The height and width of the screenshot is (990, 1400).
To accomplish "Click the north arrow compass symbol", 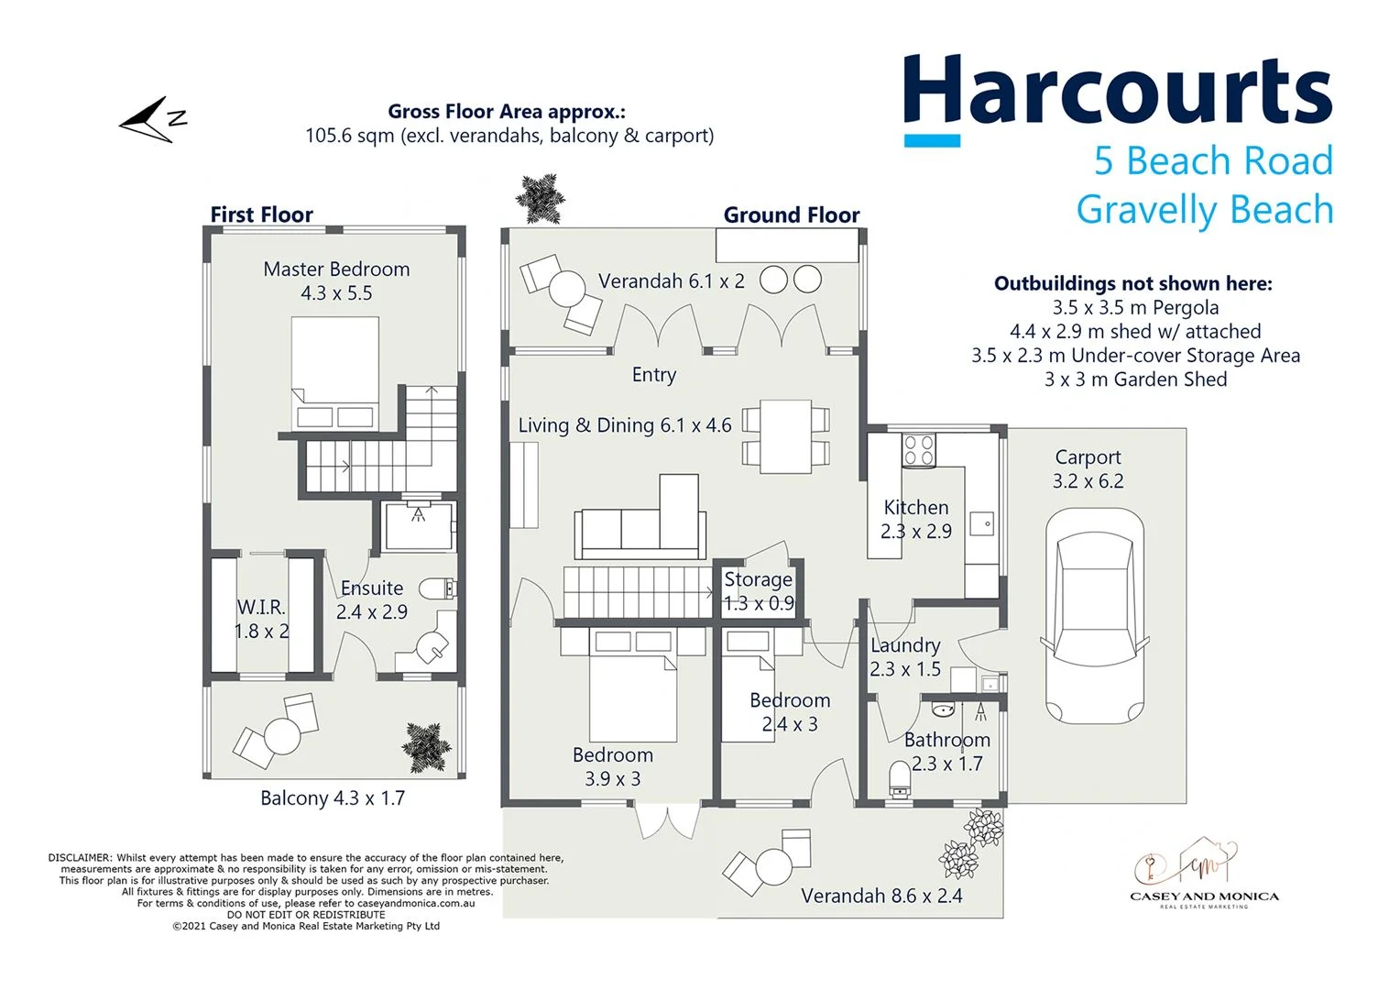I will pyautogui.click(x=151, y=120).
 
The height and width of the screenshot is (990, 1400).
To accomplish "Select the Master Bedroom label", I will pyautogui.click(x=336, y=269).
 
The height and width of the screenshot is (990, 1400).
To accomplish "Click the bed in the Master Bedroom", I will pyautogui.click(x=334, y=373).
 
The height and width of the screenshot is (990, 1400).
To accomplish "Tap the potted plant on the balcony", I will pyautogui.click(x=427, y=744).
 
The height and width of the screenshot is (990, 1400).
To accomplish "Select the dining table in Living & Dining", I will pyautogui.click(x=785, y=435).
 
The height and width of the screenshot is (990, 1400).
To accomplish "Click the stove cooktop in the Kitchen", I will pyautogui.click(x=918, y=450).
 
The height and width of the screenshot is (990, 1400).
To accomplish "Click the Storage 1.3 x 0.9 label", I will pyautogui.click(x=759, y=591).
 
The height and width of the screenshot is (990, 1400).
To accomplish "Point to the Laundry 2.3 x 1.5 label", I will pyautogui.click(x=905, y=657).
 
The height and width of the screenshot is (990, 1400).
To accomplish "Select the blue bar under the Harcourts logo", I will pyautogui.click(x=932, y=141).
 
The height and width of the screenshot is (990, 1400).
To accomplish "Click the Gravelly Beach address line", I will pyautogui.click(x=1204, y=210).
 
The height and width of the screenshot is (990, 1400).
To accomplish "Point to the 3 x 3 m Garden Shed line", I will pyautogui.click(x=1135, y=379).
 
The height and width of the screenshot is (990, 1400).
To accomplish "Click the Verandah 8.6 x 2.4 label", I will pyautogui.click(x=881, y=896).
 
